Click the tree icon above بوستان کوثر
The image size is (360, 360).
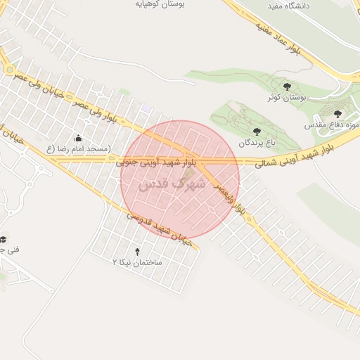[286, 85]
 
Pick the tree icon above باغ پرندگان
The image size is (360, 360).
[256, 131]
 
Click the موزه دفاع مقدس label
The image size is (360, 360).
[332, 124]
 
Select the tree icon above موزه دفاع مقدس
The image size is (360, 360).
[337, 113]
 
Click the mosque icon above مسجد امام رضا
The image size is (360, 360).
[77, 138]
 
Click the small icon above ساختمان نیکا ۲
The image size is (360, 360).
[137, 251]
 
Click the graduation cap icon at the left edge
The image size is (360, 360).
[4, 239]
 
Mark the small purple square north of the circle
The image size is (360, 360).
[146, 107]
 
